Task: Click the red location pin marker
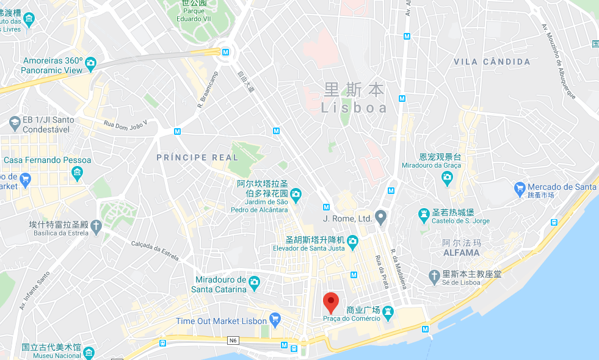(330, 302)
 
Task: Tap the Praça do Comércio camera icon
(388, 312)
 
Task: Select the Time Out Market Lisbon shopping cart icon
(275, 319)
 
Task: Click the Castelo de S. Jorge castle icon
(423, 214)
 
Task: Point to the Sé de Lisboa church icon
(434, 276)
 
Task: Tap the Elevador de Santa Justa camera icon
(352, 244)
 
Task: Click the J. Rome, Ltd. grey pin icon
(381, 216)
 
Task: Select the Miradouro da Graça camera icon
(447, 178)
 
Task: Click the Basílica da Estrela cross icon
(95, 227)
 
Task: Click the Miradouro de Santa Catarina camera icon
(254, 282)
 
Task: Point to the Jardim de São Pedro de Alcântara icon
(296, 195)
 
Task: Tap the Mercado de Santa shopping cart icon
(520, 187)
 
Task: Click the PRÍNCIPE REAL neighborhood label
(197, 157)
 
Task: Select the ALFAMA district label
(461, 253)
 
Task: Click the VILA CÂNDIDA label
(492, 62)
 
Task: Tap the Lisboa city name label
(355, 108)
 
